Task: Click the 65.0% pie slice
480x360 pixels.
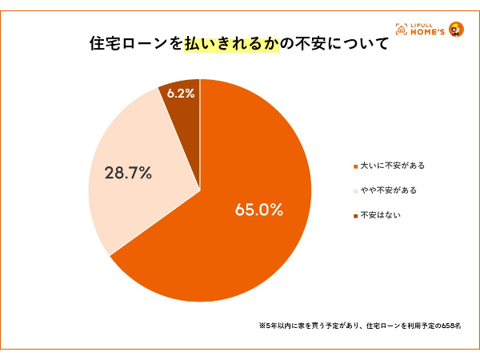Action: coord(240,240)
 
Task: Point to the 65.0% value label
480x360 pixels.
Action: coord(259,210)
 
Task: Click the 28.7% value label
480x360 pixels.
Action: coord(128,172)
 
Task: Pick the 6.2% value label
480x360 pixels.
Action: coord(181,94)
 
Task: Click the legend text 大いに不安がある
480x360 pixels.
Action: coord(392,166)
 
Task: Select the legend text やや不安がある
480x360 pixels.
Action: coord(388,190)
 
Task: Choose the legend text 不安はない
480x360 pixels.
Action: coord(380,215)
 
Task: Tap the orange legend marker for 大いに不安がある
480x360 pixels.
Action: coord(354,166)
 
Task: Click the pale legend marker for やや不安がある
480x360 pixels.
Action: coord(354,191)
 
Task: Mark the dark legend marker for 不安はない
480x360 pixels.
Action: coord(354,216)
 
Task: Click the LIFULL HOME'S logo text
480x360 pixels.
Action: coord(423,30)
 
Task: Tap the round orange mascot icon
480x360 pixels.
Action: coord(456,30)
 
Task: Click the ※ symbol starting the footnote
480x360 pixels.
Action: coord(262,326)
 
